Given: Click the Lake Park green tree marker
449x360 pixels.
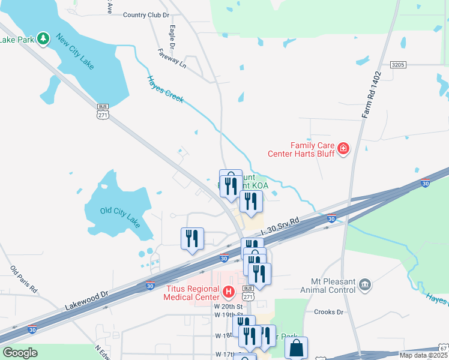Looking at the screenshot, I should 43,39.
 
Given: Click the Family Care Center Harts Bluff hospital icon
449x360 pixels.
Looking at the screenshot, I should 343,148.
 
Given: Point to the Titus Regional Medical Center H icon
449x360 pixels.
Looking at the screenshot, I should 228,293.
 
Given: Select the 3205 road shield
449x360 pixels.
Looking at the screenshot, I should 397,64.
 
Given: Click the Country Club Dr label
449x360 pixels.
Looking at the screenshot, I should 146,15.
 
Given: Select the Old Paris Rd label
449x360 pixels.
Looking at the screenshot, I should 23,280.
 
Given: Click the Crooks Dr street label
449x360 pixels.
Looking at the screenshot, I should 328,312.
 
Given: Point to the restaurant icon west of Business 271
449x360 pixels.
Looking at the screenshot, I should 192,238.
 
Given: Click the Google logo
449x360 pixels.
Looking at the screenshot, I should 20,353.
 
